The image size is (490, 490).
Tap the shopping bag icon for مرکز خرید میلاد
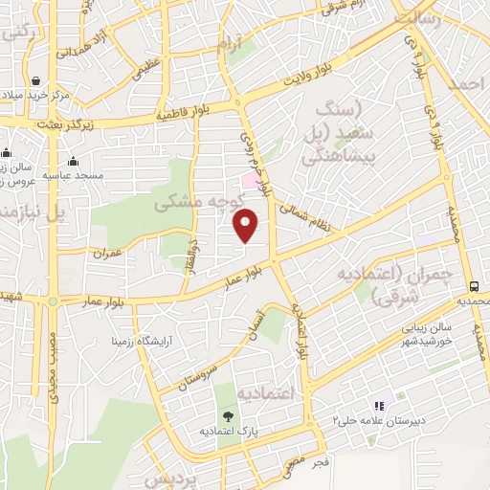pos(36,81)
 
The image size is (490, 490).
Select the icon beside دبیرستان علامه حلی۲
pos(379,406)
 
